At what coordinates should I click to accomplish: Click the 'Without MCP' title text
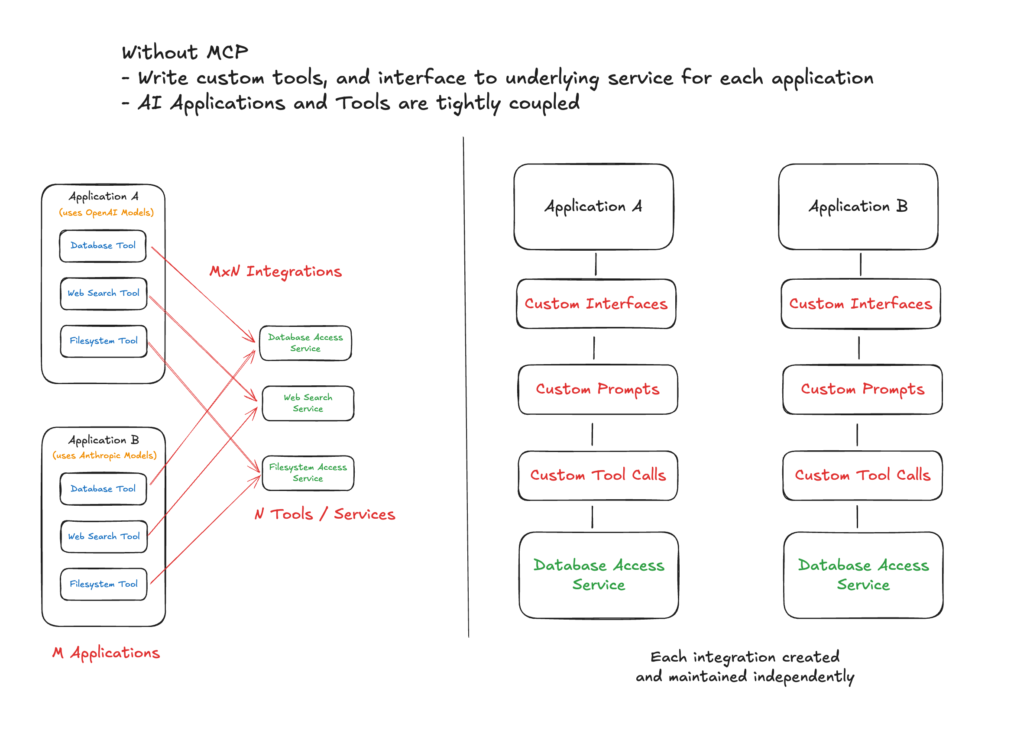[x=185, y=52]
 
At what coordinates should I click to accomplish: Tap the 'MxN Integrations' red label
[x=275, y=271]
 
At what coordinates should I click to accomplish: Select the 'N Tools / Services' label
[x=324, y=514]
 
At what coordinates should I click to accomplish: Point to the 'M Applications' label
[x=106, y=652]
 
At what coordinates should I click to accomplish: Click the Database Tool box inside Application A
[x=103, y=246]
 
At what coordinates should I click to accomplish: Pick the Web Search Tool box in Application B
[x=104, y=537]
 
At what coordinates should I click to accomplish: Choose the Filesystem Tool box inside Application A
[x=104, y=341]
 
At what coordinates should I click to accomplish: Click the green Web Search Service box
[x=308, y=403]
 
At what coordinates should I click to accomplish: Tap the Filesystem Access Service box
[x=308, y=473]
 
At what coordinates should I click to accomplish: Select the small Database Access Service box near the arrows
[x=305, y=343]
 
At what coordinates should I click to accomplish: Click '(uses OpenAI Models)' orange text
[x=106, y=213]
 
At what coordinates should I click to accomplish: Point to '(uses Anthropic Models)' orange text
[x=104, y=456]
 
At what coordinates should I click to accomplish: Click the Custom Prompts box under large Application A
[x=597, y=389]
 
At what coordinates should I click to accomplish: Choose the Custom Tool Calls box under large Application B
[x=862, y=475]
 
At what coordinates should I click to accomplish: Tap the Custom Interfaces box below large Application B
[x=861, y=304]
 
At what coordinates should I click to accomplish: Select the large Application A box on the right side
[x=593, y=207]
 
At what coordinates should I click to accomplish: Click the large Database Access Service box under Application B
[x=863, y=575]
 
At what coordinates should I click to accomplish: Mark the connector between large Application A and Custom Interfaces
[x=596, y=264]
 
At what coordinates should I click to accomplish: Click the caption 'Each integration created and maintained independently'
[x=745, y=667]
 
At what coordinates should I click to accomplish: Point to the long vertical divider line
[x=466, y=387]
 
